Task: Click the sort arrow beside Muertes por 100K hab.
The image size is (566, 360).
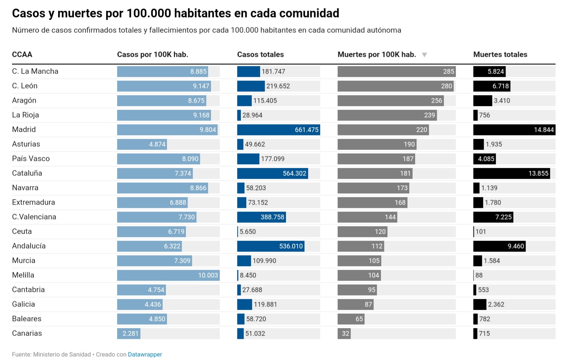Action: pos(424,55)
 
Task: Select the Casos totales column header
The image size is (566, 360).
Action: pos(260,55)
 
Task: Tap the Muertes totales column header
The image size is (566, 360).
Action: pos(500,55)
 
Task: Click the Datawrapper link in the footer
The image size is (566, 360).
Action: pos(145,355)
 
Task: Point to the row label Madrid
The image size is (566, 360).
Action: pos(24,130)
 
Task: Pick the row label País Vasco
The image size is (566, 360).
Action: pos(31,159)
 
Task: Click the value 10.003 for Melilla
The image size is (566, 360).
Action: pos(208,276)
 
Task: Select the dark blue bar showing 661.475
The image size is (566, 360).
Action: pos(278,130)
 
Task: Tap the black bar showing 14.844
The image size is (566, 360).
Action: pos(514,130)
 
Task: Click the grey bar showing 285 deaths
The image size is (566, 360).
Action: pos(396,72)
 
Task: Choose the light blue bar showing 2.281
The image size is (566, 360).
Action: pos(128,333)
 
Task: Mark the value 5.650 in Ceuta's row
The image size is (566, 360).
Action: pos(247,232)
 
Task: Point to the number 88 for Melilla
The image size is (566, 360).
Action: pos(479,276)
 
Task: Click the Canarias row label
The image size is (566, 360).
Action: pos(27,333)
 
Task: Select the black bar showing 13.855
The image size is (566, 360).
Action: pos(511,174)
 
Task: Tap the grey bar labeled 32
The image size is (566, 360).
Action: pos(344,333)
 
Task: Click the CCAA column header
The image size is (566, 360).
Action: pos(22,55)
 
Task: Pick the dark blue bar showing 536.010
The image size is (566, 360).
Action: pos(270,246)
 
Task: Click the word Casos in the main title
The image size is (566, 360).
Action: pos(28,13)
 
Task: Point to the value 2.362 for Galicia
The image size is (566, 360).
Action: pos(496,305)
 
